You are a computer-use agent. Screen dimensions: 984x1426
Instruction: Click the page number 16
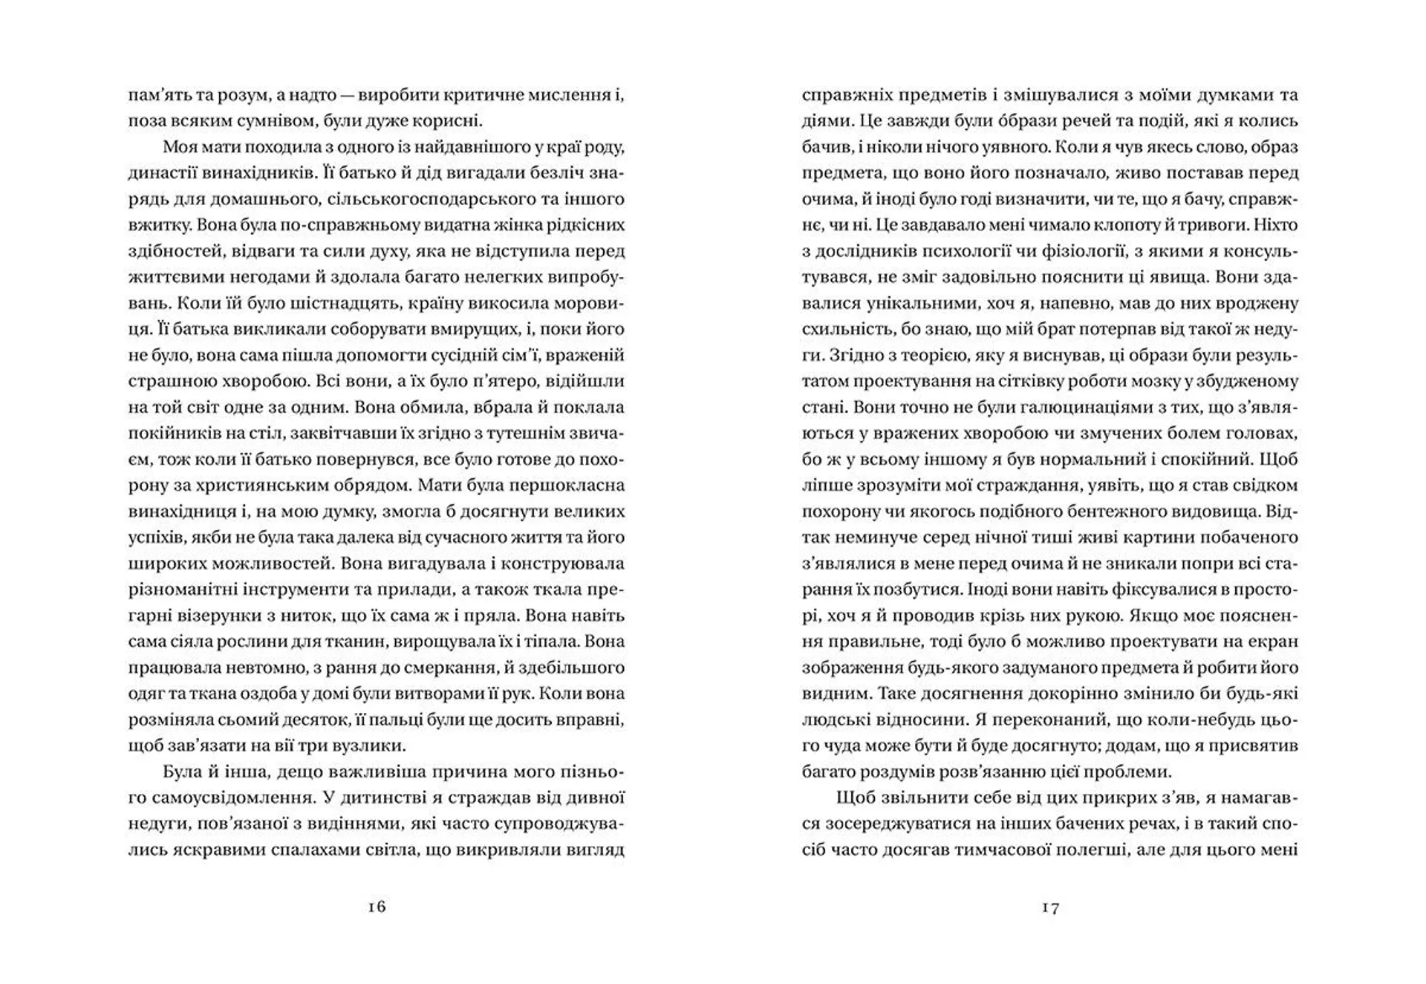[x=377, y=907]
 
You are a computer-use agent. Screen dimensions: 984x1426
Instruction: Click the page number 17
[x=1050, y=907]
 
